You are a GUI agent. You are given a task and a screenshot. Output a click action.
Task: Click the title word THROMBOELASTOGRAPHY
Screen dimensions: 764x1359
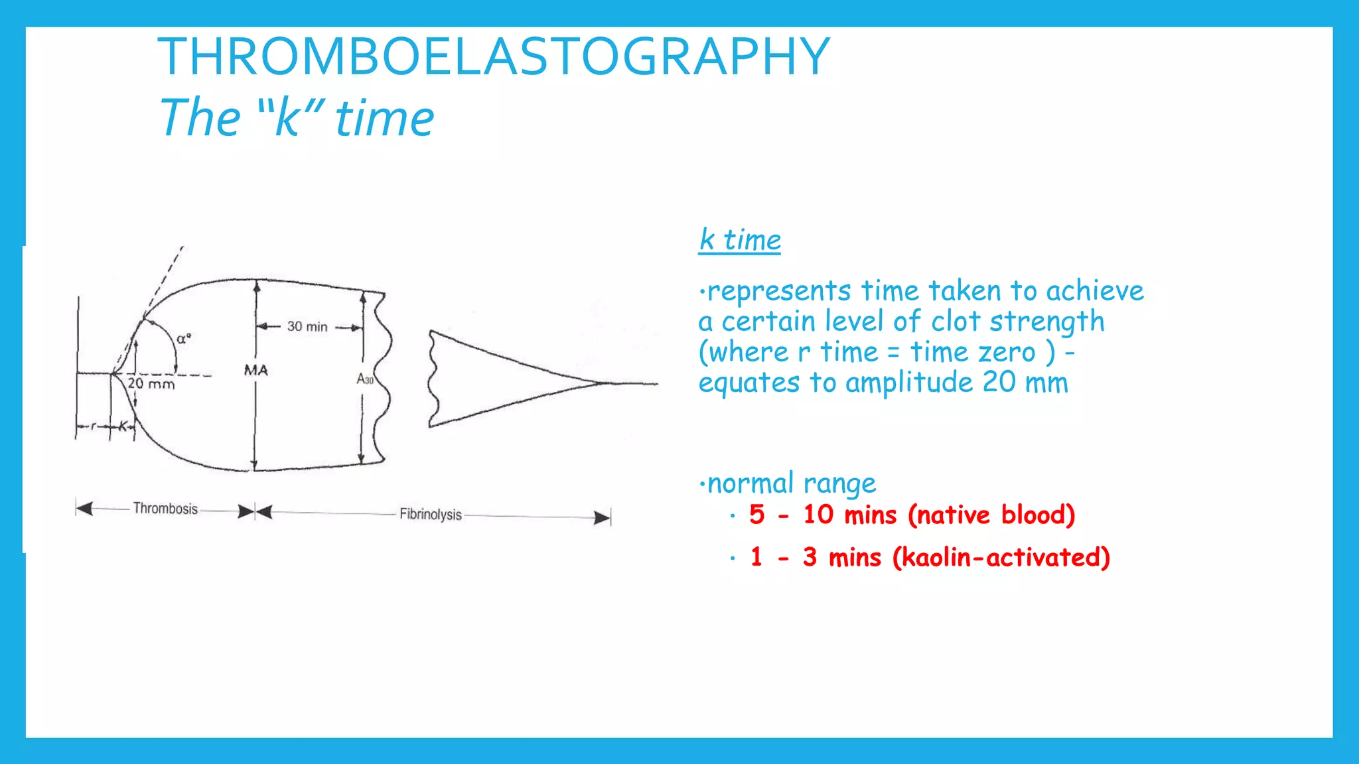tap(494, 57)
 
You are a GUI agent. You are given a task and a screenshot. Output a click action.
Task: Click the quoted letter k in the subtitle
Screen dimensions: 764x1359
tap(287, 118)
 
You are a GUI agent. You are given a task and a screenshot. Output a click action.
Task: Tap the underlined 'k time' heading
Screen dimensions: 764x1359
tap(740, 240)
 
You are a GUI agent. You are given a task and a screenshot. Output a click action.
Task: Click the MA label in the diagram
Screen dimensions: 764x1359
tap(255, 370)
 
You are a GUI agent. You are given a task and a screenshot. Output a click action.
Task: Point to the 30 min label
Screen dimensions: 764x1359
tap(307, 326)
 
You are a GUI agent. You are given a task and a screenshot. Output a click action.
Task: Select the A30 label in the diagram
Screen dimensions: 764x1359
tap(365, 379)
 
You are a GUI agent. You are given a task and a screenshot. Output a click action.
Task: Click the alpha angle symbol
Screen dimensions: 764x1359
tap(183, 338)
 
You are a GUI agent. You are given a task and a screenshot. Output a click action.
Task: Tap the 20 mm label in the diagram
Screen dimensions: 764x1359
tap(151, 383)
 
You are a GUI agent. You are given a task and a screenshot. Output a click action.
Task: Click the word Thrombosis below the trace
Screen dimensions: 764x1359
tap(165, 509)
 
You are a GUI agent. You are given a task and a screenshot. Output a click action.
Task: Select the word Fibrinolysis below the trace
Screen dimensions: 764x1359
tap(430, 514)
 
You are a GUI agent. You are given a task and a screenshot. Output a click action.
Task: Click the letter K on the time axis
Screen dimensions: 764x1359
tap(123, 426)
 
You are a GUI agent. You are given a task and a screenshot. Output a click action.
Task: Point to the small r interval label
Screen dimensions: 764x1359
tap(94, 426)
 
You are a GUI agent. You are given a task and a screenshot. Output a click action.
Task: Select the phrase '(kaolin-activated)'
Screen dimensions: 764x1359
tap(1001, 557)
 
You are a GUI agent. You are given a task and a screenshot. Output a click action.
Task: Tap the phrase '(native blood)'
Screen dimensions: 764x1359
tap(991, 515)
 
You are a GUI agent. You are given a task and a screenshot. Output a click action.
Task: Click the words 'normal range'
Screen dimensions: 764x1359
tap(792, 483)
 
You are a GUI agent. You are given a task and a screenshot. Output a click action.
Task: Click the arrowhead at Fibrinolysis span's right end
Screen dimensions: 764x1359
tap(603, 517)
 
